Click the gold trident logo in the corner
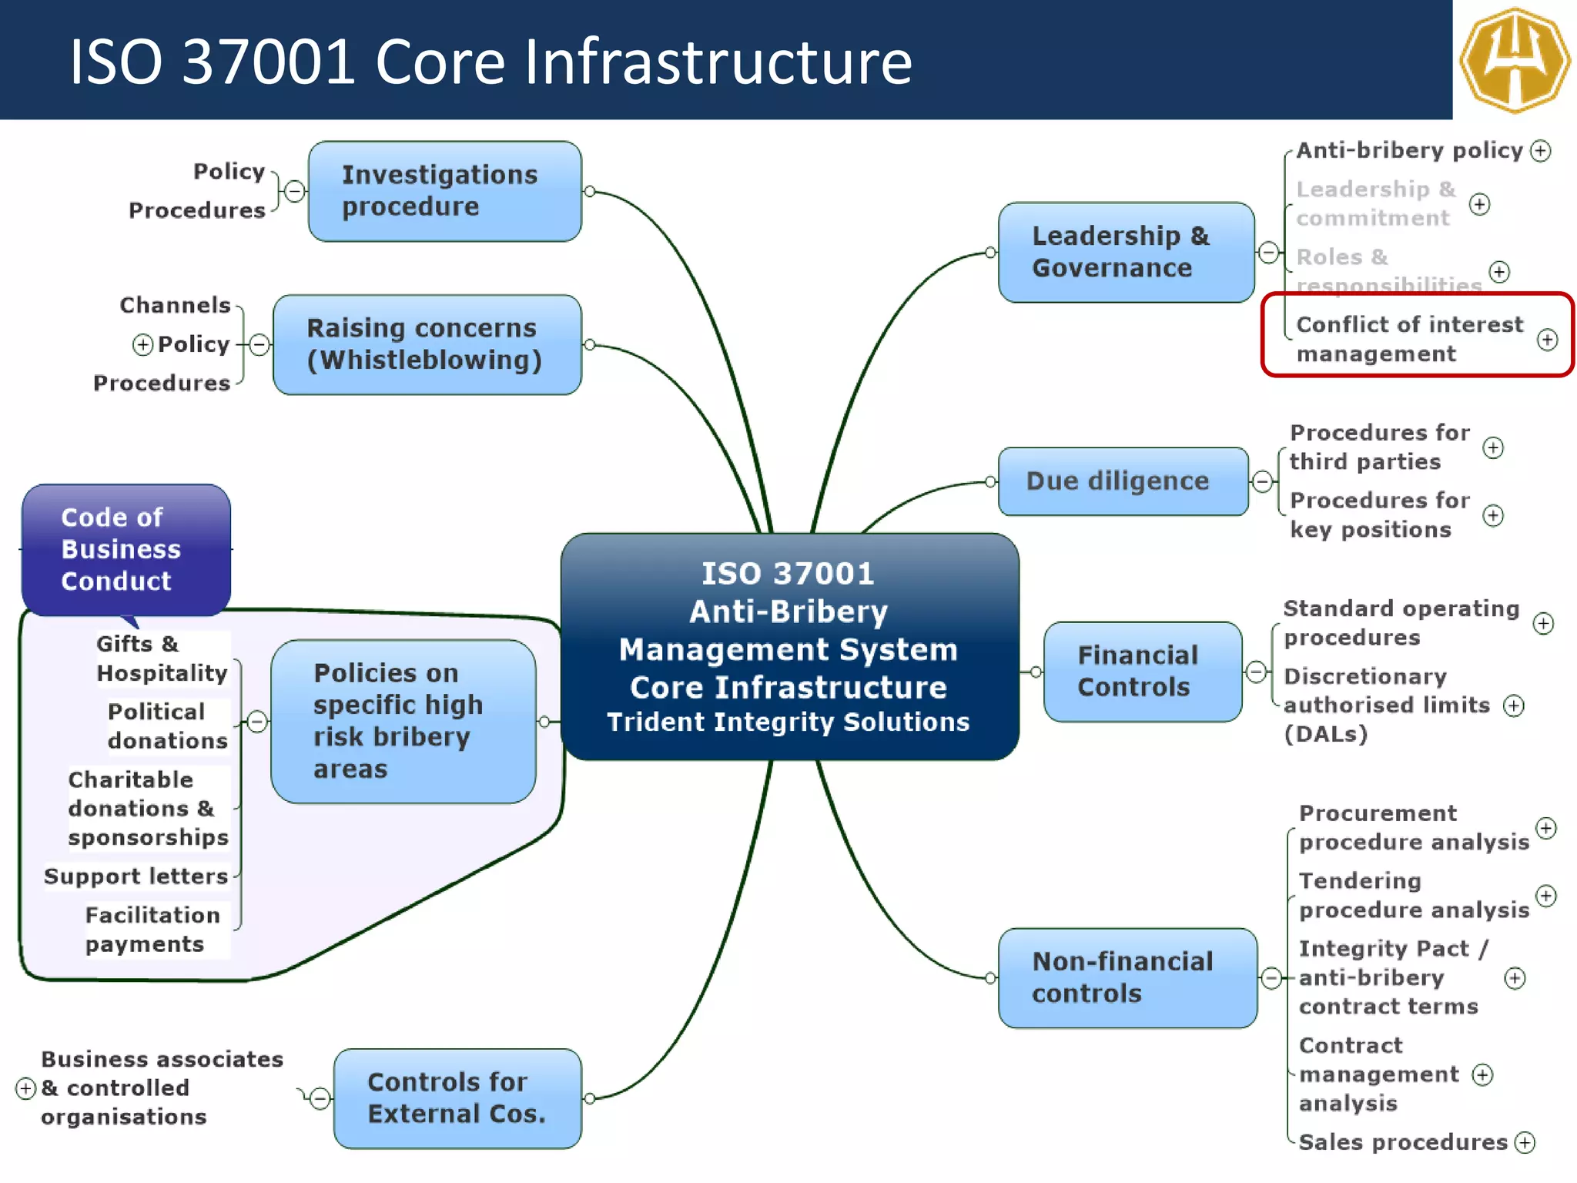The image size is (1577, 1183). [1515, 60]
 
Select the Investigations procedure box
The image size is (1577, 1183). [444, 191]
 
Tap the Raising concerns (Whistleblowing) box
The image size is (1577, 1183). [427, 344]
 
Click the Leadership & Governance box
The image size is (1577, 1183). [1126, 252]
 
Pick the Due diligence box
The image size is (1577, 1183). [1123, 481]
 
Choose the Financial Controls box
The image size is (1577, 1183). [1142, 672]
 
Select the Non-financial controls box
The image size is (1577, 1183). [1127, 977]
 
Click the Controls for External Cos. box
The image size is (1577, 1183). [457, 1098]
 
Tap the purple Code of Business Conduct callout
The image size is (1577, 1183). [126, 549]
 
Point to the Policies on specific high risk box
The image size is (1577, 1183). [403, 721]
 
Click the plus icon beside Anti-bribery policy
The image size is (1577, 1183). [1540, 150]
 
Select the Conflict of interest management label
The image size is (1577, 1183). [1409, 339]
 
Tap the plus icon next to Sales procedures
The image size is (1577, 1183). [1525, 1142]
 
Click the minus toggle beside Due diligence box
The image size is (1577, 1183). [1262, 482]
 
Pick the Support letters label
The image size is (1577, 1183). [136, 876]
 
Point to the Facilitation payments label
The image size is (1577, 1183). [152, 930]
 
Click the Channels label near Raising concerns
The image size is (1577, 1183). [175, 305]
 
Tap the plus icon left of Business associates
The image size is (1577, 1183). [25, 1088]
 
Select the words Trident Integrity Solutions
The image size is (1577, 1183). [788, 722]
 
